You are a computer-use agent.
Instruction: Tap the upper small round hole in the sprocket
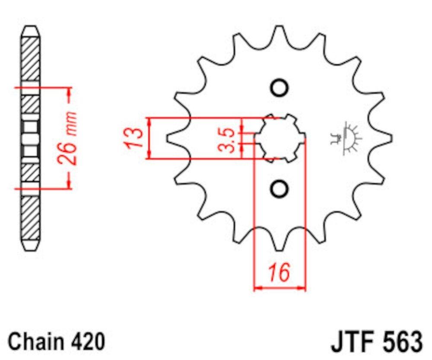[x=280, y=88]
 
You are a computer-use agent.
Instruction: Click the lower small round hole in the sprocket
[x=280, y=188]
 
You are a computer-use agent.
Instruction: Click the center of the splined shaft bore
[x=280, y=138]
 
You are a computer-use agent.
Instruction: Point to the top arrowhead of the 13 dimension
[x=149, y=121]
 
